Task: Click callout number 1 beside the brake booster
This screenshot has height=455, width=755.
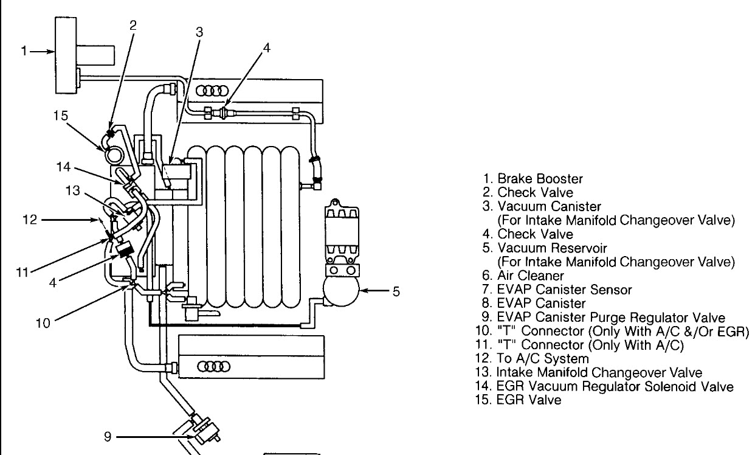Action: tap(24, 52)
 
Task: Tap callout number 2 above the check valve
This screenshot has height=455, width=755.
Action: tap(134, 25)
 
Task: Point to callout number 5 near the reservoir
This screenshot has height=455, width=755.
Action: tap(396, 292)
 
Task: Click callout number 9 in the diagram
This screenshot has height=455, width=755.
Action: tap(108, 436)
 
